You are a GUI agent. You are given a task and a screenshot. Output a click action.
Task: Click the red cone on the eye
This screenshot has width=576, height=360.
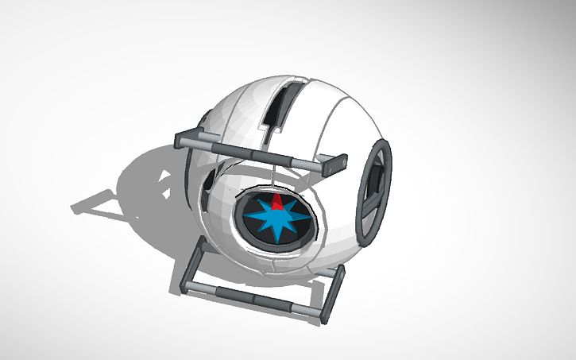pos(276,200)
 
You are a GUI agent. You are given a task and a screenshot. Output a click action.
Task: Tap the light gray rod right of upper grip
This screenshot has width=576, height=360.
pos(294,161)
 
